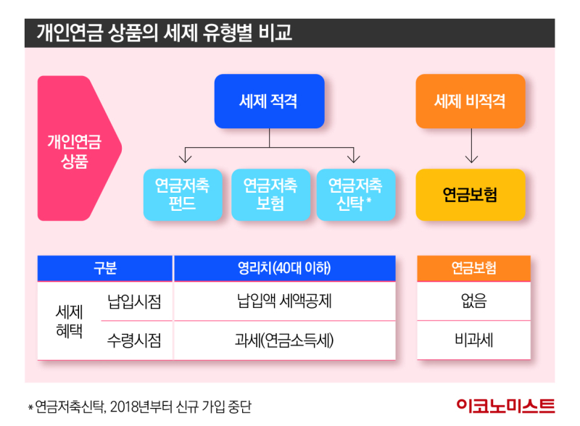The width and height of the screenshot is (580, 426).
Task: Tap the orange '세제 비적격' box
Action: (470, 101)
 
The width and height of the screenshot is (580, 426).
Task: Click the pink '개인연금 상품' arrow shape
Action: (77, 148)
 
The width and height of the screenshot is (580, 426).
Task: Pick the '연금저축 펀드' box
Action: (183, 194)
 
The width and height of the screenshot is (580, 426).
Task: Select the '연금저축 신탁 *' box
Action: (355, 194)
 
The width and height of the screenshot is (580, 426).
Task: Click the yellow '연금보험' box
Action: (470, 195)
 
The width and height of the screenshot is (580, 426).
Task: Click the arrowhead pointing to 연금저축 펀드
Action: (186, 159)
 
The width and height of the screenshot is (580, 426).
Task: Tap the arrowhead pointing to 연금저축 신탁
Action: (354, 159)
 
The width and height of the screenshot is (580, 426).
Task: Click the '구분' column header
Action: (105, 268)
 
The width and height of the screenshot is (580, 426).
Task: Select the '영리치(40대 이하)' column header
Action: (284, 268)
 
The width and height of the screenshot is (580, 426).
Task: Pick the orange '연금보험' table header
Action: (473, 268)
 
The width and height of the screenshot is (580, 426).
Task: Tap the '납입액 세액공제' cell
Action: (284, 301)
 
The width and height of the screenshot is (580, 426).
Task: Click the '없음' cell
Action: (473, 301)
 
